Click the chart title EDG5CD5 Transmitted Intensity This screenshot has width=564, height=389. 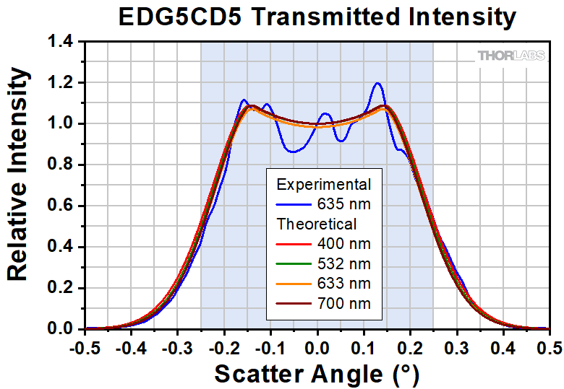(x=317, y=17)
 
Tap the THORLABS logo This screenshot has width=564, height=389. (x=510, y=56)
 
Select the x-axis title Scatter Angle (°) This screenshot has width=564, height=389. (x=316, y=374)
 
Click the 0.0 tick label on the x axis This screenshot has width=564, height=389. (x=317, y=347)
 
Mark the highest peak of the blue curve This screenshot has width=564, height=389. (x=377, y=83)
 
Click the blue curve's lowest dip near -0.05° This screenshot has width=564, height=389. (x=293, y=152)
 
